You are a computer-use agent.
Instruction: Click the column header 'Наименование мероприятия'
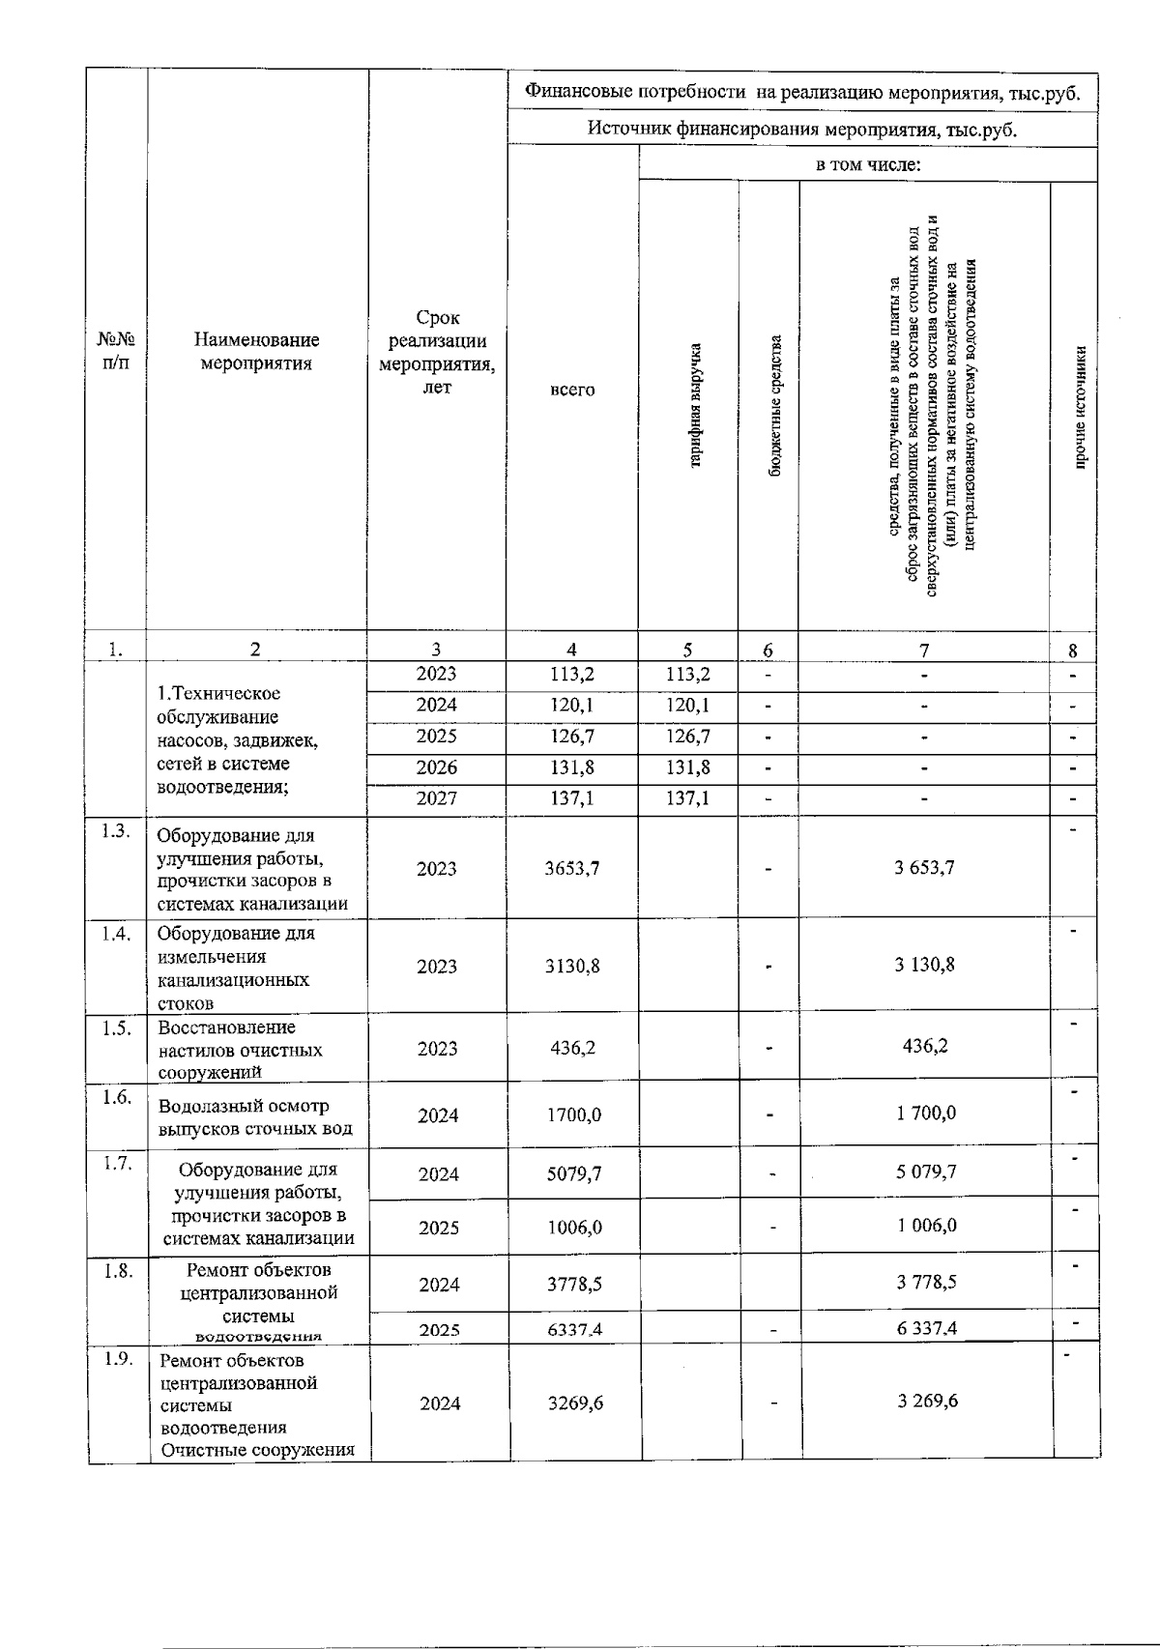point(256,352)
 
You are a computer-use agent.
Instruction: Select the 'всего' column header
point(572,390)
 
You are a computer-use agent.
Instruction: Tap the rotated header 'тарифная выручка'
point(694,405)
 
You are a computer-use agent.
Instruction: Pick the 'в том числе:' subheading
point(867,165)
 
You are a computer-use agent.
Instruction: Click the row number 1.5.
point(117,1027)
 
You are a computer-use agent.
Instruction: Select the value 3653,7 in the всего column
point(573,868)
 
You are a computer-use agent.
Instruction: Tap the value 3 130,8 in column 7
point(925,964)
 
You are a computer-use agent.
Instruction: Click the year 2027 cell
point(437,798)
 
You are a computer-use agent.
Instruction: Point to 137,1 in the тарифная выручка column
point(687,798)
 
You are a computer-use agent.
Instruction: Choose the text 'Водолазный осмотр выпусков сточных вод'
point(255,1117)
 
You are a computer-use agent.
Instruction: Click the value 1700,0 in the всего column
point(574,1114)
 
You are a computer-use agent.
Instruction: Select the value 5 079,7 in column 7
point(926,1172)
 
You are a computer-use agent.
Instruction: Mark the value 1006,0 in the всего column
point(574,1227)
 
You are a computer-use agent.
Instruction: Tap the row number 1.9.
point(118,1359)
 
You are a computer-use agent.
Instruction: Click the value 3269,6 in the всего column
point(575,1403)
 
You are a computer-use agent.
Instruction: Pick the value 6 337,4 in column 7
point(927,1328)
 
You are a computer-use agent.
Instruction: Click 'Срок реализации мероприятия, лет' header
point(437,352)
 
